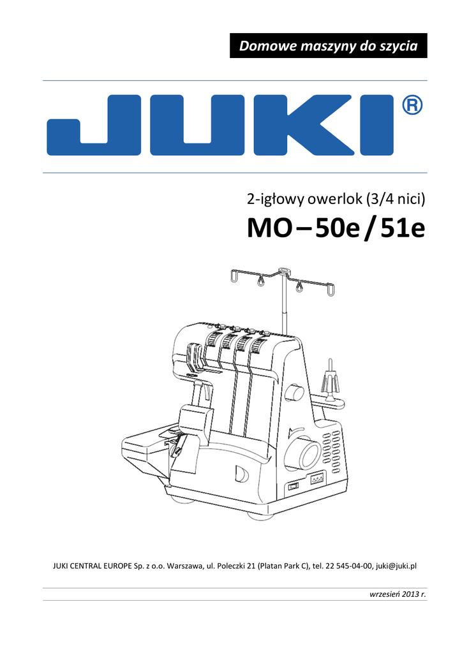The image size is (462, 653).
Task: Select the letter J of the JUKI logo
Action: tap(94, 126)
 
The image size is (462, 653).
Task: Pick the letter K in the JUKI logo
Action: tap(304, 126)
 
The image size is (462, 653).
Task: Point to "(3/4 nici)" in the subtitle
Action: tap(396, 200)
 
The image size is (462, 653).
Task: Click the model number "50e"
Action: tap(337, 228)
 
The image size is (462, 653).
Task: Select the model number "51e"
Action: tap(403, 228)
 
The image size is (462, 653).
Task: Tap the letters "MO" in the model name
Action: tap(269, 228)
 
